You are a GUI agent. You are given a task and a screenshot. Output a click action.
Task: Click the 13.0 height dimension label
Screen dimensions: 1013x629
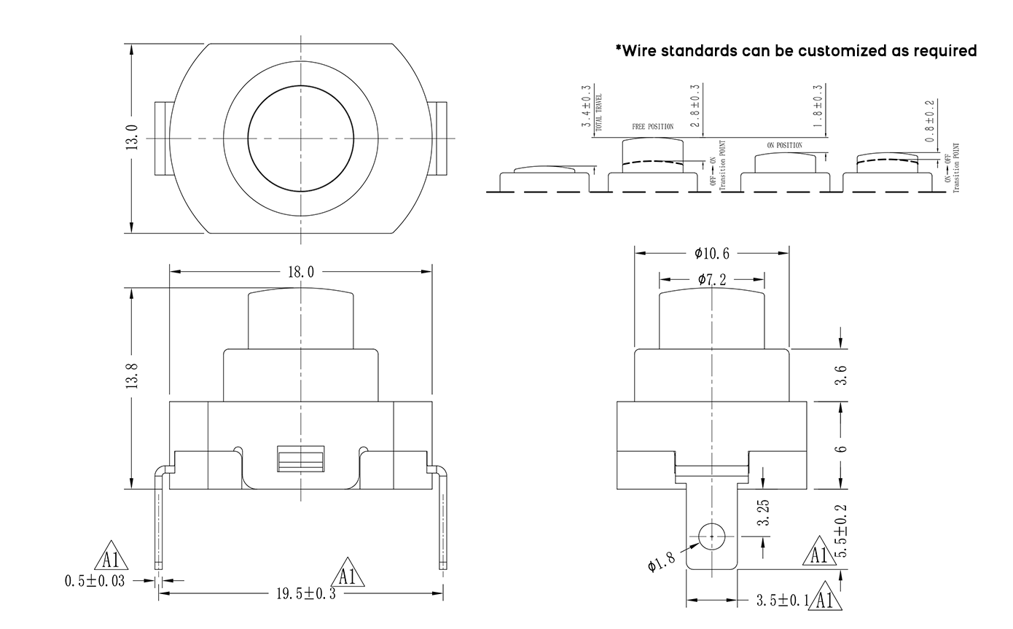pos(133,138)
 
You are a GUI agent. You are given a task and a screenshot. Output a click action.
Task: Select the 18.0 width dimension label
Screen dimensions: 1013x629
pos(301,272)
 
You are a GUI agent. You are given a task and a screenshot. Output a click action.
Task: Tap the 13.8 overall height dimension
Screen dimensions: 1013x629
pos(132,376)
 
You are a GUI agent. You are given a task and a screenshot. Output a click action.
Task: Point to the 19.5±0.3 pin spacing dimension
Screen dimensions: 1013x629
pos(306,594)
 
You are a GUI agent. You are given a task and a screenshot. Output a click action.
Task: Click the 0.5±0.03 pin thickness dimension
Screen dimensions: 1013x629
pos(95,581)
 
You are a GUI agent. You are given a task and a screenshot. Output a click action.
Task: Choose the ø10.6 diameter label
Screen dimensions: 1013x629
pos(712,254)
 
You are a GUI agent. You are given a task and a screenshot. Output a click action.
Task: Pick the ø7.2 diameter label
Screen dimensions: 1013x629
pos(712,279)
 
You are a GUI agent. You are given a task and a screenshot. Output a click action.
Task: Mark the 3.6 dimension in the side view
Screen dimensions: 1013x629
pos(841,375)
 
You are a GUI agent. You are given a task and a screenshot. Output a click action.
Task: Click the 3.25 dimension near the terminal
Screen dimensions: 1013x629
pos(764,513)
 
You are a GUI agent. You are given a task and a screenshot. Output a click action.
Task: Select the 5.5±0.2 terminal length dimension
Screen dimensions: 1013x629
pos(841,531)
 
